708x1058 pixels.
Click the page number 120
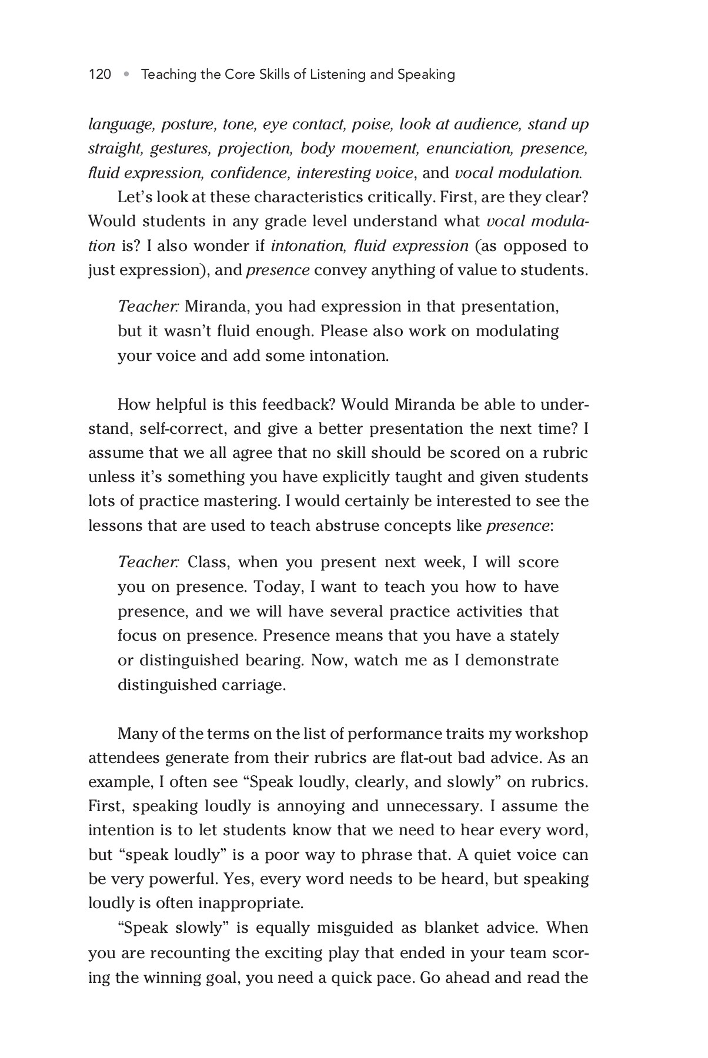tap(99, 75)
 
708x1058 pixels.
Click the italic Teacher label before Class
tap(148, 563)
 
